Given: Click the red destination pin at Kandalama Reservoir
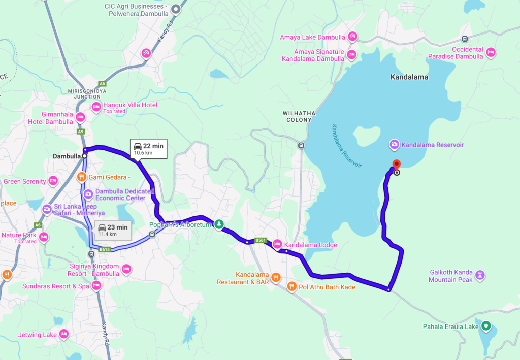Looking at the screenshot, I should tap(397, 165).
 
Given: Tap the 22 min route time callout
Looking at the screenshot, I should tap(148, 148).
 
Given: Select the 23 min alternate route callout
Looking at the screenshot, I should tap(113, 230).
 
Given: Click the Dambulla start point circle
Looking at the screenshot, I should tap(85, 156).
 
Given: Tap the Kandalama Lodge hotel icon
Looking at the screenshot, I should tap(277, 244).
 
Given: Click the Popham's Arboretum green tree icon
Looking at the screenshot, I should tap(219, 224).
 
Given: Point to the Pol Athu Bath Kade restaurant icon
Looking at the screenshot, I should tap(291, 286).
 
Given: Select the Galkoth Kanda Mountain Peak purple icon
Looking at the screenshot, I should tap(480, 275).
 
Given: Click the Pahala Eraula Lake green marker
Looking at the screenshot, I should tap(486, 326).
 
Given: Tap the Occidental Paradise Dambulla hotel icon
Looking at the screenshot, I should tap(491, 52).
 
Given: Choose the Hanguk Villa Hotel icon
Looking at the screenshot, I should tap(96, 107).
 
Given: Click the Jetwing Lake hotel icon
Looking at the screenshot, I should tap(63, 334).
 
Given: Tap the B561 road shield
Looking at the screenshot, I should tap(261, 240).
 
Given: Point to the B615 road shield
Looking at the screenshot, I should tap(105, 249).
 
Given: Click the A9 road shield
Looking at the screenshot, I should tap(80, 132).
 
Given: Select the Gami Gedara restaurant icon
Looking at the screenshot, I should tap(81, 177).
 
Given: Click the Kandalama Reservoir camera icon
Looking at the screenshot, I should tap(394, 145).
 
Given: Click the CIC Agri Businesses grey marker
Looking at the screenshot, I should tap(176, 8).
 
